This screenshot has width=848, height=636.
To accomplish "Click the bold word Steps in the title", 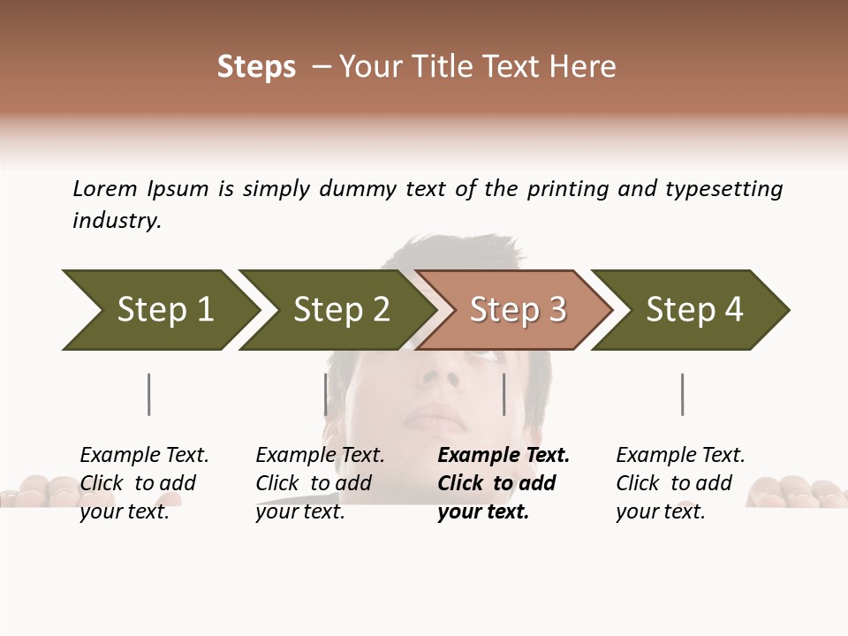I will pyautogui.click(x=256, y=67).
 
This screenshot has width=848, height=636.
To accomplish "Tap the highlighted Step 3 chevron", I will pyautogui.click(x=517, y=310).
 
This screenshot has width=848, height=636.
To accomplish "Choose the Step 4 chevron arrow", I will pyautogui.click(x=693, y=310).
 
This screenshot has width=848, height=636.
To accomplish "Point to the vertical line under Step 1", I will pyautogui.click(x=149, y=394).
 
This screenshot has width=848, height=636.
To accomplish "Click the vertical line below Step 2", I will pyautogui.click(x=326, y=394).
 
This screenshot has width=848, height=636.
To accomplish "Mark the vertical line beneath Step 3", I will pyautogui.click(x=503, y=394).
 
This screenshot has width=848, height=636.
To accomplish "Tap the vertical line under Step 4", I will pyautogui.click(x=682, y=394).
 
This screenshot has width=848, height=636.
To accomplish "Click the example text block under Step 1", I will pyautogui.click(x=144, y=483).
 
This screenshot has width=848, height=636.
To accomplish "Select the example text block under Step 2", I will pyautogui.click(x=320, y=483).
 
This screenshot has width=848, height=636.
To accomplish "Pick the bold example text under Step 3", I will pyautogui.click(x=503, y=483).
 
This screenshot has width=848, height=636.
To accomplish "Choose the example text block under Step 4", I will pyautogui.click(x=680, y=483).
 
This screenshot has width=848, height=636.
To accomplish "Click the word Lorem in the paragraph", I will pyautogui.click(x=105, y=189).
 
